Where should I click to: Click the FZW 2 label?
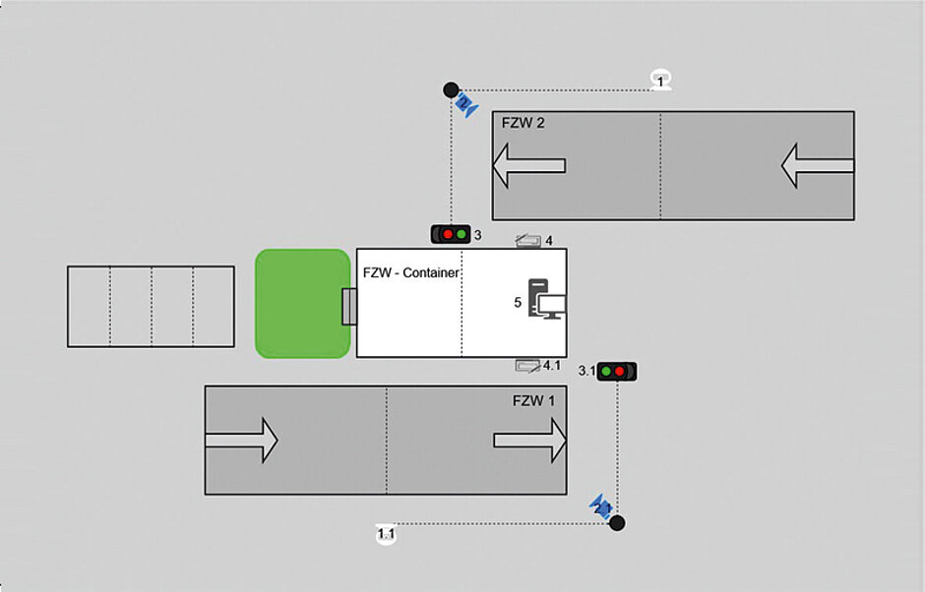click(x=523, y=123)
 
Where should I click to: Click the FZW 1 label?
click(x=533, y=400)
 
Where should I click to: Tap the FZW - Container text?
click(x=410, y=272)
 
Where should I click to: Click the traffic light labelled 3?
click(x=450, y=234)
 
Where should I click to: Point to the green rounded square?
click(x=302, y=303)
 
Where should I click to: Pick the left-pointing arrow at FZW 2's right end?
click(x=817, y=165)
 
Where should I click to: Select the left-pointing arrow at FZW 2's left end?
click(x=528, y=165)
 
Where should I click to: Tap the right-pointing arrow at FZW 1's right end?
click(x=530, y=440)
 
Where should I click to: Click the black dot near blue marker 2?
click(x=451, y=89)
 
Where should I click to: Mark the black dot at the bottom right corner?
click(x=617, y=522)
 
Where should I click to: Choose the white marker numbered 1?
click(x=661, y=81)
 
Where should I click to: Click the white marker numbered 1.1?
click(x=386, y=534)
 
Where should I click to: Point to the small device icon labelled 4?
click(x=527, y=240)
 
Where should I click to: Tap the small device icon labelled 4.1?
click(x=527, y=366)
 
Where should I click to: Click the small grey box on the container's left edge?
click(x=348, y=306)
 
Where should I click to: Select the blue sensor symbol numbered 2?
click(x=466, y=102)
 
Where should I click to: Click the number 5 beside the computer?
click(x=518, y=303)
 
